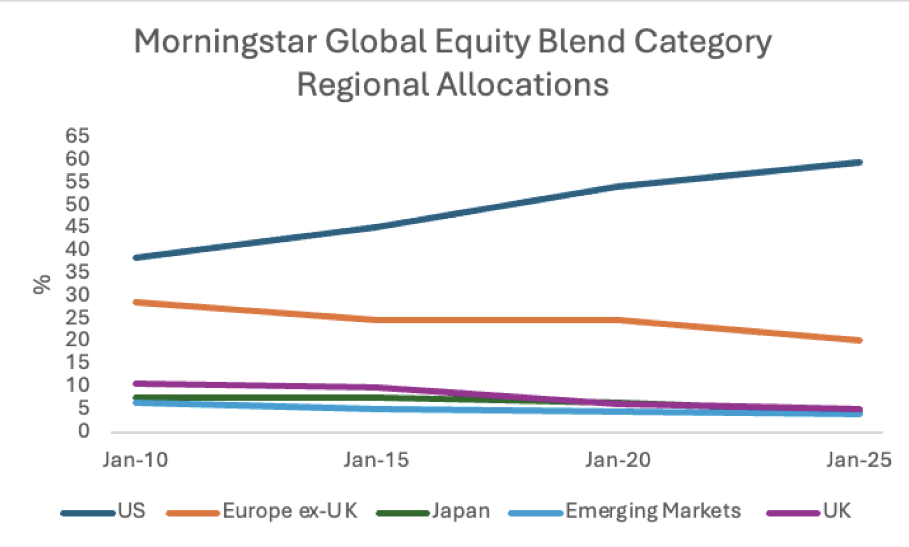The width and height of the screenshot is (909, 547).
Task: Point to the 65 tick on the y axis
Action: tap(77, 136)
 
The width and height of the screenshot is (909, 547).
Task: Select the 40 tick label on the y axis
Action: tap(77, 249)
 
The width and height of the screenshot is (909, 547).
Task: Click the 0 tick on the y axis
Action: tap(83, 431)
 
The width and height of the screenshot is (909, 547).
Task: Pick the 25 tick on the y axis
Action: tap(77, 317)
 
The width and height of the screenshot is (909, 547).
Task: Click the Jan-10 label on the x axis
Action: tap(135, 460)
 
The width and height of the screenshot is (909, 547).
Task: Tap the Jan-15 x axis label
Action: tap(376, 460)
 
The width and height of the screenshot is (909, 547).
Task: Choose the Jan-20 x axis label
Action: tap(618, 460)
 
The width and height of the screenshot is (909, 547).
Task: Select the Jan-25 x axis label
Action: tap(859, 460)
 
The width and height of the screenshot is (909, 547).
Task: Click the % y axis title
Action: tap(42, 284)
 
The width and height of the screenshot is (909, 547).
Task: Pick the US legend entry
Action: tap(131, 511)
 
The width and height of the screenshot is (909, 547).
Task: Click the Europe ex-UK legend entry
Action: tap(290, 511)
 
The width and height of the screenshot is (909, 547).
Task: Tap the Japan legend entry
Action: tap(460, 511)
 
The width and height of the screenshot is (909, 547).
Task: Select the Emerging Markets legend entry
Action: tap(653, 511)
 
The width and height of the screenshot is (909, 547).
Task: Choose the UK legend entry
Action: tap(837, 511)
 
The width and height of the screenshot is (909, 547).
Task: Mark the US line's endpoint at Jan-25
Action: tap(859, 162)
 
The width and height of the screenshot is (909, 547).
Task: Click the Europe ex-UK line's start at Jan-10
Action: tap(136, 302)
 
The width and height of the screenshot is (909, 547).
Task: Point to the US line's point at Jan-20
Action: tap(618, 187)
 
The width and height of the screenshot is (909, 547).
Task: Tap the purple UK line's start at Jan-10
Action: tap(136, 383)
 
